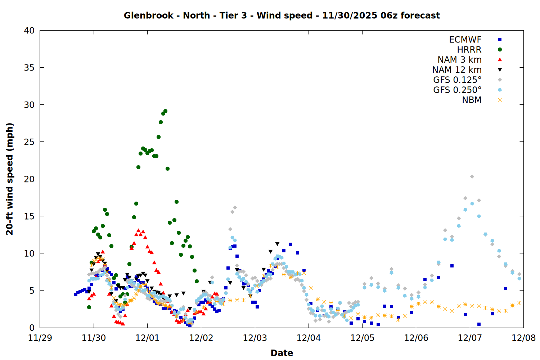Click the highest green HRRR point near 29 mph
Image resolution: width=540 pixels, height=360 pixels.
pyautogui.click(x=165, y=111)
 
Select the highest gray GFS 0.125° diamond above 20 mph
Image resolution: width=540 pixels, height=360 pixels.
pyautogui.click(x=472, y=177)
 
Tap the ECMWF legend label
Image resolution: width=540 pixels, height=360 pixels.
pyautogui.click(x=465, y=40)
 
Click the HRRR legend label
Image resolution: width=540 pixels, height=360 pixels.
pyautogui.click(x=469, y=50)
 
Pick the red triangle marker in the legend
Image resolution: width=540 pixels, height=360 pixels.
pyautogui.click(x=500, y=59)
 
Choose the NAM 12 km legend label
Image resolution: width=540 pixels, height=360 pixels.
pyautogui.click(x=457, y=70)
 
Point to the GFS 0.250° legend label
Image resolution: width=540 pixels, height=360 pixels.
pyautogui.click(x=457, y=90)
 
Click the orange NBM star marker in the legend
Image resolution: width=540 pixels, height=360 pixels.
pyautogui.click(x=500, y=100)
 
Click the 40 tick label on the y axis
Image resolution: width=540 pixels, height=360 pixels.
pyautogui.click(x=29, y=30)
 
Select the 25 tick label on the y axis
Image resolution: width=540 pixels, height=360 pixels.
pyautogui.click(x=29, y=142)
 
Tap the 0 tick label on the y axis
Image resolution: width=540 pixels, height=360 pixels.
pyautogui.click(x=32, y=328)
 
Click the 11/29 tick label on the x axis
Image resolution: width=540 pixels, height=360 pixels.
pyautogui.click(x=40, y=338)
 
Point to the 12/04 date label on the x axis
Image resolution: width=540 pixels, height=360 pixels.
pyautogui.click(x=309, y=338)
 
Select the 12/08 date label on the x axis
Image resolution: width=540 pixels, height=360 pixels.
pyautogui.click(x=523, y=338)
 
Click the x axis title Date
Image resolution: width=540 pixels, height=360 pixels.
pyautogui.click(x=282, y=353)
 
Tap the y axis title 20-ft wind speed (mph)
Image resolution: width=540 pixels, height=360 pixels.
pyautogui.click(x=10, y=179)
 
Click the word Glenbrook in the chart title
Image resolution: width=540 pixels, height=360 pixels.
pyautogui.click(x=148, y=15)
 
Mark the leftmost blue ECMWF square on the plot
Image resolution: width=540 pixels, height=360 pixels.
pyautogui.click(x=76, y=294)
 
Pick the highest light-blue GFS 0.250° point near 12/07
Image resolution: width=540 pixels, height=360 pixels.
pyautogui.click(x=472, y=204)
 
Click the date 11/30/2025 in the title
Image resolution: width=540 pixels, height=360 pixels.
pyautogui.click(x=350, y=15)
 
